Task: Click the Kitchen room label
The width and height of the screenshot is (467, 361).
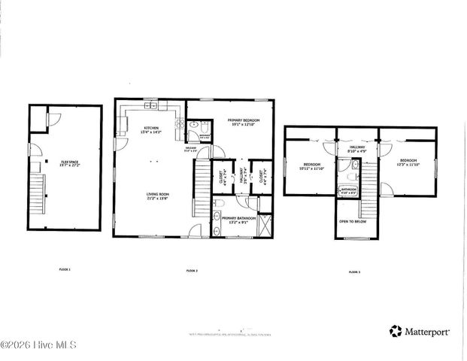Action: coord(151,130)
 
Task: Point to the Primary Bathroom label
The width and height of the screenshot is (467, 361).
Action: coord(235,219)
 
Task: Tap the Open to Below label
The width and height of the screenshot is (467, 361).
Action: coord(353,222)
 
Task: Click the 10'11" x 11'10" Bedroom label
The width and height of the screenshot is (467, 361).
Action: coord(311,165)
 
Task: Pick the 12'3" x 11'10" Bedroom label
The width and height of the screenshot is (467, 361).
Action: coord(409,162)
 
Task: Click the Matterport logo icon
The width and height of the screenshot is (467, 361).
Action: coord(395,331)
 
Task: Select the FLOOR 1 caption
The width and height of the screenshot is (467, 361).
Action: coord(64,268)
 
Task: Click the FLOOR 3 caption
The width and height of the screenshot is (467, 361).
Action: coord(353,272)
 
